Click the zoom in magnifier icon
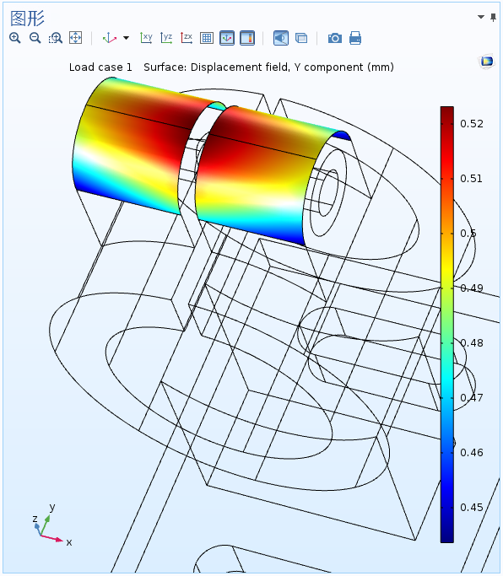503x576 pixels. [15, 38]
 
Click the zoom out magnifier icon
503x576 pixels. [35, 38]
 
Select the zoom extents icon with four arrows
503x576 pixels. [75, 38]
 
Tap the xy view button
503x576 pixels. [146, 38]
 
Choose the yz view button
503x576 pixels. [166, 38]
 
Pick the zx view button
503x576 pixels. [187, 38]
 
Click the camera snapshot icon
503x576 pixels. [335, 38]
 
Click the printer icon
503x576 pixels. [355, 38]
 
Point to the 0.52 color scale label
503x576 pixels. [472, 124]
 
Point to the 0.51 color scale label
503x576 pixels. [472, 179]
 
